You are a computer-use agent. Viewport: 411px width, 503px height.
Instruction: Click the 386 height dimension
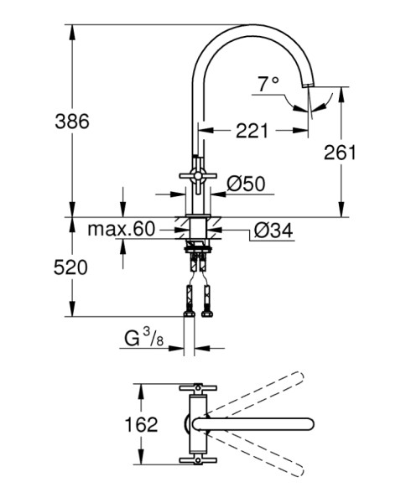coord(72,122)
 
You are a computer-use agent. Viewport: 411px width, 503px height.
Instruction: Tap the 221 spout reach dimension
coord(252,131)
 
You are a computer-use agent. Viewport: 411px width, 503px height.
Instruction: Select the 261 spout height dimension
coord(340,153)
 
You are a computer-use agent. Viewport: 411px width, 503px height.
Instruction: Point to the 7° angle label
coord(268,84)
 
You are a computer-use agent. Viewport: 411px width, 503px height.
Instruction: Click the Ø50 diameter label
coord(246,184)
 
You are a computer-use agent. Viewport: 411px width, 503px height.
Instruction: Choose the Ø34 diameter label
coord(273,231)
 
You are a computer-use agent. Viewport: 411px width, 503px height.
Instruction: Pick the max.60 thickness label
coord(122,229)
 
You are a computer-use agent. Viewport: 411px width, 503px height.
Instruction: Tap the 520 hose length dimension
coord(70,267)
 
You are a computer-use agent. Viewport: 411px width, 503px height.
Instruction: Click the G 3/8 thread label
coord(144,338)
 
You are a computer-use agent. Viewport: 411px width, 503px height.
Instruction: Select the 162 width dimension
coord(141,424)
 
